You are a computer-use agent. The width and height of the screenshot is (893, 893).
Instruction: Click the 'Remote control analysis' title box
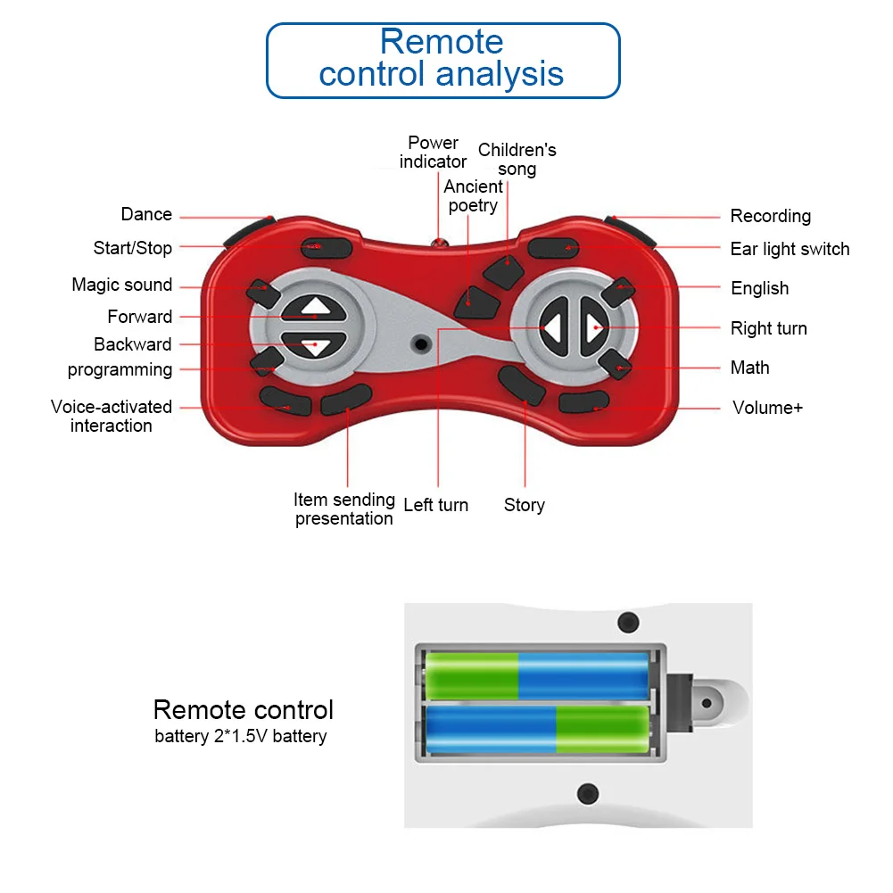pos(442,59)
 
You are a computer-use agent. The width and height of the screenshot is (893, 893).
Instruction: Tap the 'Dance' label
pos(146,214)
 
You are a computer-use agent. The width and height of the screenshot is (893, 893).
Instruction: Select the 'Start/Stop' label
pos(133,248)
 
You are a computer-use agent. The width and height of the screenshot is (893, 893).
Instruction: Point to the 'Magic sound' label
pos(122,285)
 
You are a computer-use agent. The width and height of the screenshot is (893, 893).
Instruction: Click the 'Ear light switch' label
pos(790,249)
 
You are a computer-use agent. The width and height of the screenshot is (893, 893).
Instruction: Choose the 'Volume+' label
pos(767,408)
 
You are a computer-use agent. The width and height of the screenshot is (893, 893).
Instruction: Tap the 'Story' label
pos(524,505)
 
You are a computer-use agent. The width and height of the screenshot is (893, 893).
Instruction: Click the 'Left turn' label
pos(435,505)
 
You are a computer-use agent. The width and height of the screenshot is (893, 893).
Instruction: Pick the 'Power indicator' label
pos(433,152)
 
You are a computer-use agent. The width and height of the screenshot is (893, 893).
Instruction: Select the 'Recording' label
pos(770,216)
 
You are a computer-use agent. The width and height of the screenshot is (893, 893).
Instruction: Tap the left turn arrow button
pos(554,328)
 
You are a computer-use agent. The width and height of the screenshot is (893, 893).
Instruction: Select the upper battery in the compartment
pos(536,675)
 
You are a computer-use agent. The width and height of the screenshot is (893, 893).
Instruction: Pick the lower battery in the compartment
pos(536,729)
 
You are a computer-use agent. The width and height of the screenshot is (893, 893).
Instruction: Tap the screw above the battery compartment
pos(628,622)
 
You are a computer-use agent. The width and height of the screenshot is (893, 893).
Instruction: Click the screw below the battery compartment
pos(587,791)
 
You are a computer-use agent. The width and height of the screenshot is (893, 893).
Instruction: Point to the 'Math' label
pos(749,368)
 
